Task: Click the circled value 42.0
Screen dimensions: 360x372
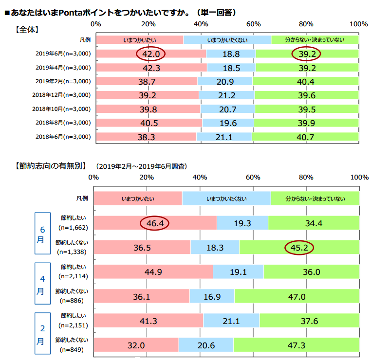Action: [x=151, y=54]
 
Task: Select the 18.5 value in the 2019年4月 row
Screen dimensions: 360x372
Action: [x=231, y=67]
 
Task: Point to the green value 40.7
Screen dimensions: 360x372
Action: [x=306, y=137]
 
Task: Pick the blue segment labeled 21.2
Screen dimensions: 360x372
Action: [x=226, y=95]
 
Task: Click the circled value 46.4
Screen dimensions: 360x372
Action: [x=154, y=223]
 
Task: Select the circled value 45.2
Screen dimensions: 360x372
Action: [x=299, y=248]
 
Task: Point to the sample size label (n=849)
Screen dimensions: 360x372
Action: [x=71, y=349]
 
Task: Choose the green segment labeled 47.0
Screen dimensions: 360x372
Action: [x=297, y=296]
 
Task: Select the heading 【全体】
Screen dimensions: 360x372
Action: [x=27, y=29]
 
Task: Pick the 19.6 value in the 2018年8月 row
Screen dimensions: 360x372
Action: [x=227, y=123]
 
